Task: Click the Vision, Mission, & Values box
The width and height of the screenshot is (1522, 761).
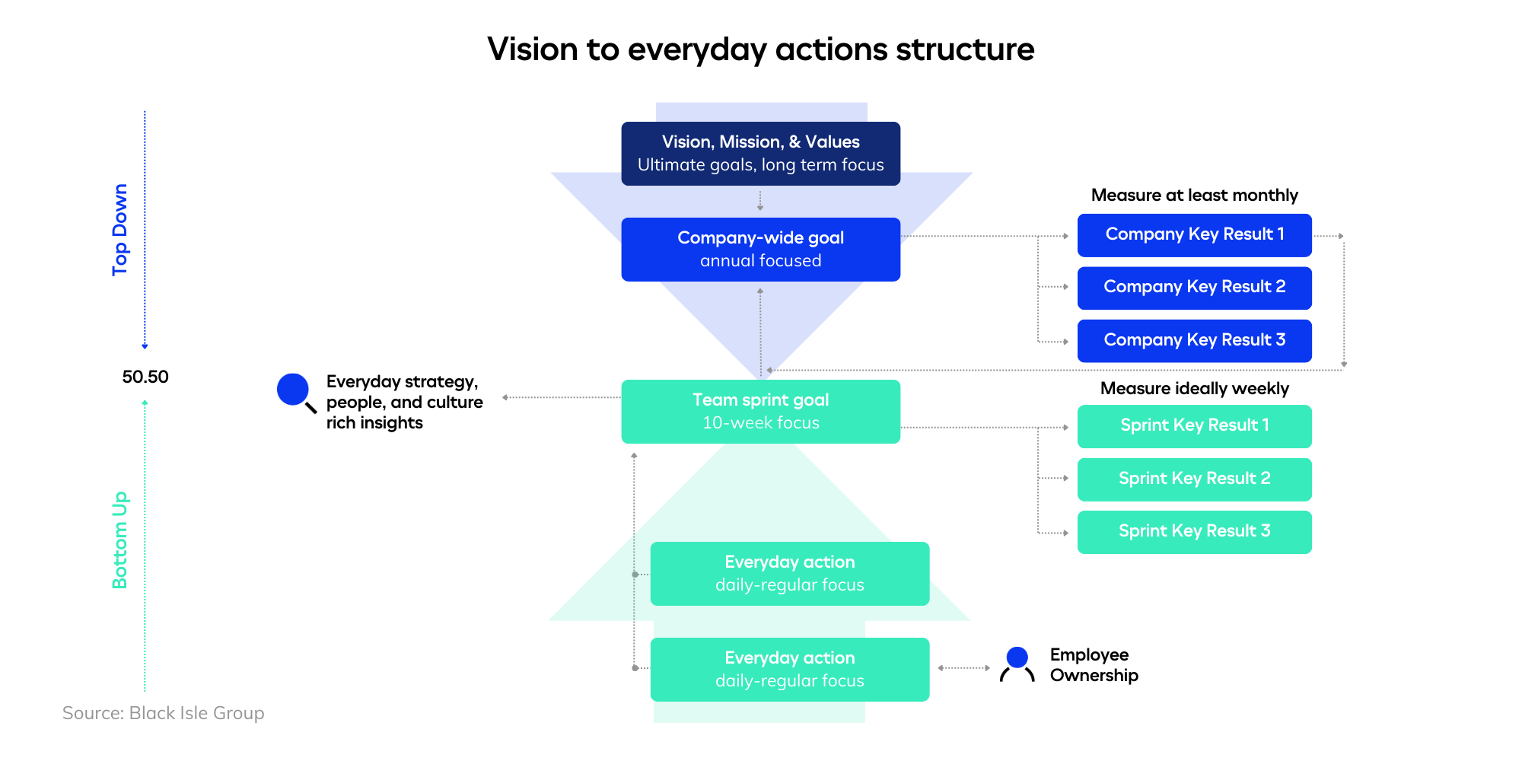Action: tap(760, 153)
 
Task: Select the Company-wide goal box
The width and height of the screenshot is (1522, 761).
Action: tap(760, 249)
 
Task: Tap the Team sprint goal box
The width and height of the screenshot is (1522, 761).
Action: tap(760, 411)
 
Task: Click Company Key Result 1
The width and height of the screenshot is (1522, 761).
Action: tap(1194, 234)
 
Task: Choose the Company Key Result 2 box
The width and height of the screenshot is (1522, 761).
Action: tap(1194, 287)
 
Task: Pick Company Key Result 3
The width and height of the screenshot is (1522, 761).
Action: tap(1194, 340)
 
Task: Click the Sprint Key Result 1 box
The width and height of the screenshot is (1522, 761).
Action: tap(1194, 425)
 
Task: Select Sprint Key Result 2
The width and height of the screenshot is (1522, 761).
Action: tap(1194, 479)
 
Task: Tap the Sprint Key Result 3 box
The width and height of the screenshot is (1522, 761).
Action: tap(1194, 531)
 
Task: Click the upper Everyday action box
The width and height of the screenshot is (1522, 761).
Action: tap(789, 573)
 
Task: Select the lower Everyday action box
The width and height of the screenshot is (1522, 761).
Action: tap(789, 669)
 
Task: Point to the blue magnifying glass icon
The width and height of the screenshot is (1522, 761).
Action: tap(295, 391)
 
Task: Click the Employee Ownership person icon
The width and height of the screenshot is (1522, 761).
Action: tap(1017, 664)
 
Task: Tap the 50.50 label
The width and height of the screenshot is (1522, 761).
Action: tap(145, 377)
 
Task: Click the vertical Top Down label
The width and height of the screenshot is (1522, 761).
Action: tap(120, 229)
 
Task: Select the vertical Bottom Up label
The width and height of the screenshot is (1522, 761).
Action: tap(120, 540)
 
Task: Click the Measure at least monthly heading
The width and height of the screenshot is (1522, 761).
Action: tap(1194, 195)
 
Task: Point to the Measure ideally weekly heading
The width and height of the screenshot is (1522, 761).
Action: tap(1194, 388)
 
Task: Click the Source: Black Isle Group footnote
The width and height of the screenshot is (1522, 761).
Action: tap(163, 713)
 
